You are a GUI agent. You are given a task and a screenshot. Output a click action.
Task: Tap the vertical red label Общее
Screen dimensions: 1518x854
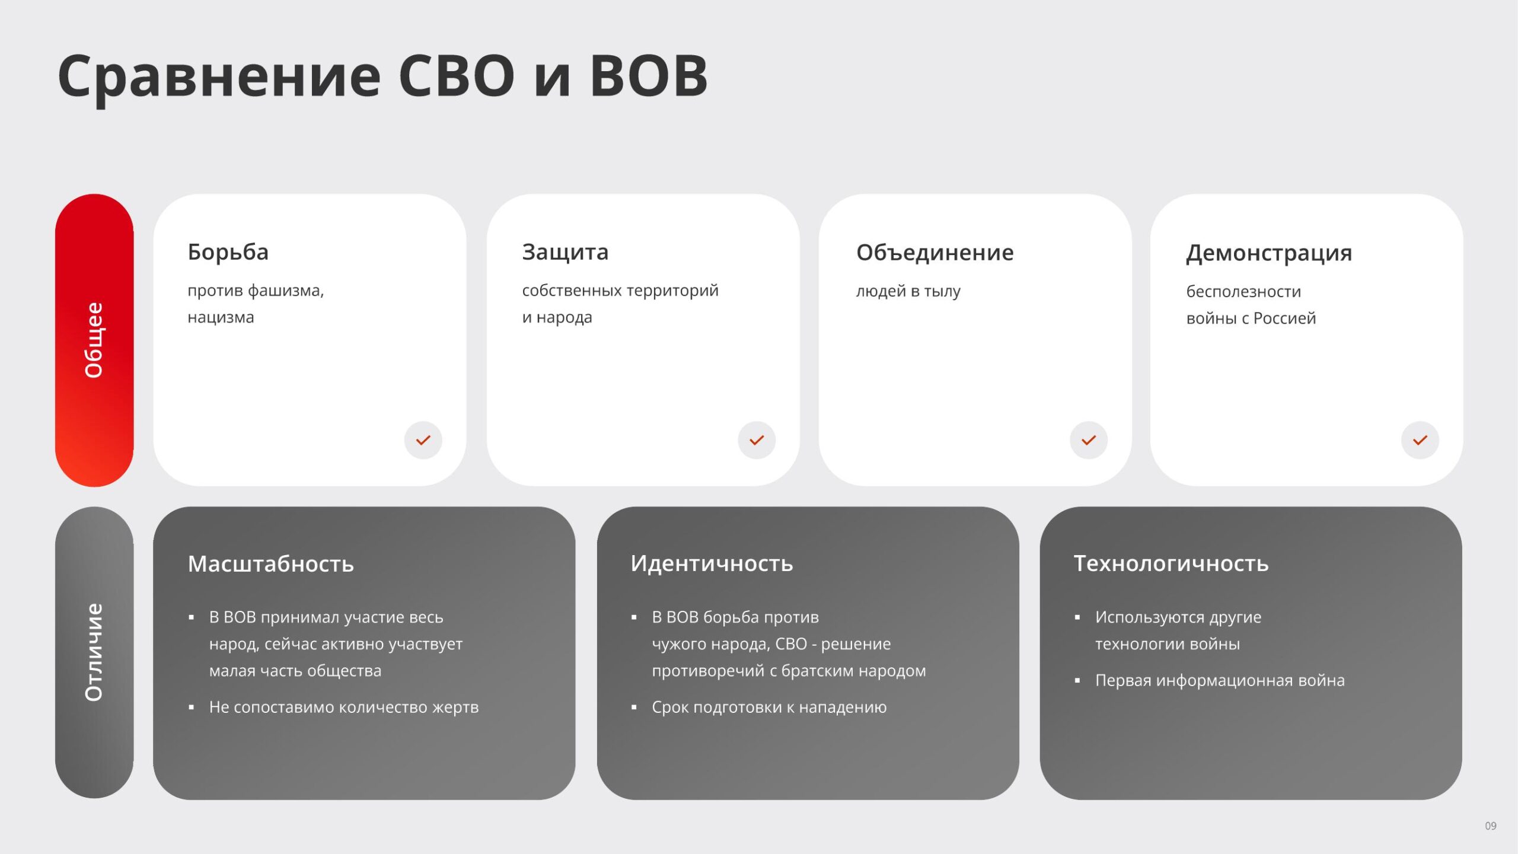point(94,340)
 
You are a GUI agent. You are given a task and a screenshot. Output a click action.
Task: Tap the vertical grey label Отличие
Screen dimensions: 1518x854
point(94,652)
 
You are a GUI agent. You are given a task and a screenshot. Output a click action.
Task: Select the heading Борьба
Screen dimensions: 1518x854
point(228,252)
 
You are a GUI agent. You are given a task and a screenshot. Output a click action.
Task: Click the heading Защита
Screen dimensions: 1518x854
point(565,253)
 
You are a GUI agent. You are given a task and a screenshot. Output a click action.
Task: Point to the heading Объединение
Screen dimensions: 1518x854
point(935,253)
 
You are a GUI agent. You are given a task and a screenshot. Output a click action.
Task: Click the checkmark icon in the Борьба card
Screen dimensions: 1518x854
point(423,440)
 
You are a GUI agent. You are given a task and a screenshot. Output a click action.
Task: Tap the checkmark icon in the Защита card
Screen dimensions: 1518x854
point(757,440)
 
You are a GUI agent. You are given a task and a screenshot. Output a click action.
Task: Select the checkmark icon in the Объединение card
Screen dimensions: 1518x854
point(1089,440)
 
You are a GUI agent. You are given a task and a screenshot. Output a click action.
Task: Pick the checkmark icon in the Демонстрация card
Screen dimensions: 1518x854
point(1420,440)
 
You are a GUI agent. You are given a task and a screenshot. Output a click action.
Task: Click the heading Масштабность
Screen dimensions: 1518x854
point(271,564)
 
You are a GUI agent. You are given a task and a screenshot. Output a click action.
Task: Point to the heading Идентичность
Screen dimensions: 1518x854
point(712,563)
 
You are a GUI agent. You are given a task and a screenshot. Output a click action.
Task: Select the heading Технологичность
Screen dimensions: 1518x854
point(1171,563)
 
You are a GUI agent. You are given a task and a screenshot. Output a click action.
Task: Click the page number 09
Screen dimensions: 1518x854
point(1491,826)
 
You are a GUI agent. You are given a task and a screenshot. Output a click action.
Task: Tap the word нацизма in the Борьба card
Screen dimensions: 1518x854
point(221,317)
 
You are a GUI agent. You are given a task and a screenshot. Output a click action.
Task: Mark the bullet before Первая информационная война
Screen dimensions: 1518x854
point(1077,681)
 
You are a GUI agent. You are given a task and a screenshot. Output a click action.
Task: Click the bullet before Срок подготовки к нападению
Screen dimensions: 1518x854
point(634,708)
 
